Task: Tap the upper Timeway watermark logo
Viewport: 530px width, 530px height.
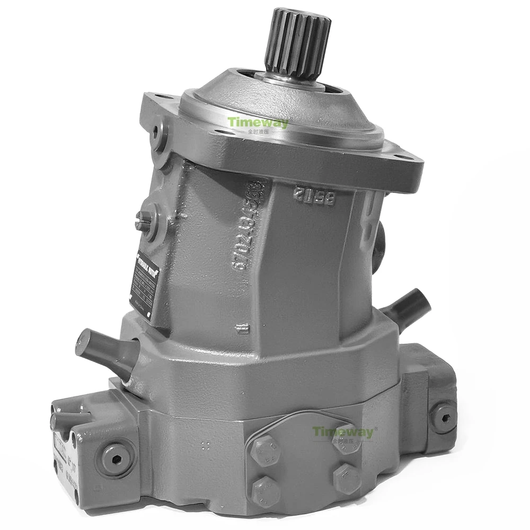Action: pos(258,123)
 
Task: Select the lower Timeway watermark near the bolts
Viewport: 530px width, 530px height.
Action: pos(343,432)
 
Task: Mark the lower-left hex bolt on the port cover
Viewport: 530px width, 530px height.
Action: pos(267,490)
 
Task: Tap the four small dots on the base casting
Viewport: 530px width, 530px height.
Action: pos(207,446)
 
